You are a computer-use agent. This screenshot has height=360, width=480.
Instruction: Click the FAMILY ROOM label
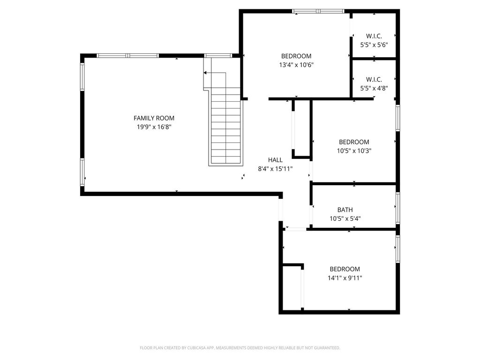[x=154, y=118]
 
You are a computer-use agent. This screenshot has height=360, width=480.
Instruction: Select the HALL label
[x=275, y=160]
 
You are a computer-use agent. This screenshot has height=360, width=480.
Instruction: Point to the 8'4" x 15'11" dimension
[x=275, y=169]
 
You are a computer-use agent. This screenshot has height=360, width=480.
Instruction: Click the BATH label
[x=345, y=210]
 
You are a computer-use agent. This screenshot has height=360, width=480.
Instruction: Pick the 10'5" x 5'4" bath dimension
[x=345, y=218]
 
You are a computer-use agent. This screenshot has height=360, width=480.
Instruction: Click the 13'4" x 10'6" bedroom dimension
[x=296, y=65]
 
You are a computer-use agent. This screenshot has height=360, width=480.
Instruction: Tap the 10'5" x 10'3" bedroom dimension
[x=354, y=151]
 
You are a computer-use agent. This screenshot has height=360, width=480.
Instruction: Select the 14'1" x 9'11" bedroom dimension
[x=345, y=278]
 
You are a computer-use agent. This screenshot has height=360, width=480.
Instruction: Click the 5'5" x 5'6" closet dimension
[x=374, y=45]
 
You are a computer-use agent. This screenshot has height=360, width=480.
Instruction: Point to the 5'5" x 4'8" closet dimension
[x=374, y=88]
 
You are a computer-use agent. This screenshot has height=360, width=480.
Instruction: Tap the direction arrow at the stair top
[x=215, y=73]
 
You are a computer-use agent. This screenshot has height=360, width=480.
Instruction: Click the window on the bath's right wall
[x=397, y=208]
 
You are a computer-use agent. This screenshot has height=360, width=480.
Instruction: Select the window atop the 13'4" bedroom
[x=318, y=11]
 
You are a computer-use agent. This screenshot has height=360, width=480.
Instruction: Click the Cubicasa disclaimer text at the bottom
[x=240, y=348]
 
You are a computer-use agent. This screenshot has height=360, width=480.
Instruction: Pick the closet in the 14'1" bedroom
[x=293, y=288]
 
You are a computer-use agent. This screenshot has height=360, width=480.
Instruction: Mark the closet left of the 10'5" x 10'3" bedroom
[x=302, y=127]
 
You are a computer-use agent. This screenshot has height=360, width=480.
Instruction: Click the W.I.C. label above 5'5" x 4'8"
[x=374, y=79]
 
